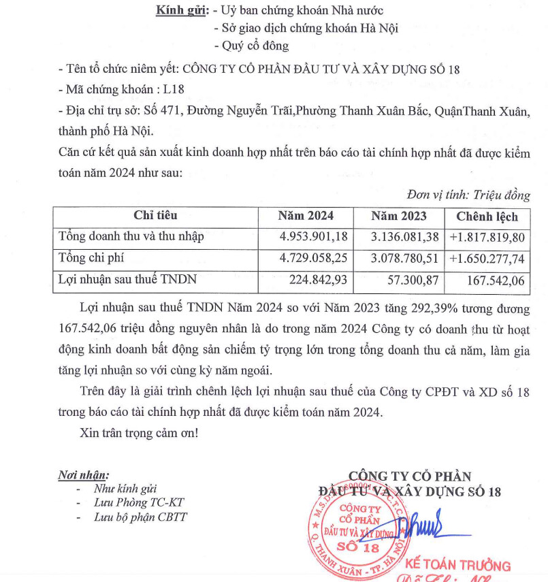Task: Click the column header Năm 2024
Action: [306, 216]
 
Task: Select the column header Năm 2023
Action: [399, 216]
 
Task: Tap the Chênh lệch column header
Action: [487, 217]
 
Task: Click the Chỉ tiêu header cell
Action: [155, 216]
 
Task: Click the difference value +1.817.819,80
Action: [487, 238]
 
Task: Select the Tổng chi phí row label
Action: [91, 258]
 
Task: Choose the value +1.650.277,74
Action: [487, 259]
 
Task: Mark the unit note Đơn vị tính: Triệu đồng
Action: [468, 195]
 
